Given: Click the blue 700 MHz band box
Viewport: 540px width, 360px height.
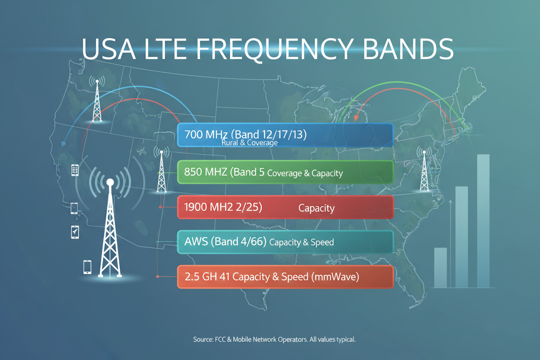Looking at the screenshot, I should [285, 135].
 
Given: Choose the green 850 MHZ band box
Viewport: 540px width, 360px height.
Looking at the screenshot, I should [285, 172].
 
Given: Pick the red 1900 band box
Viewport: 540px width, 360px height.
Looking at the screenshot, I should [285, 207].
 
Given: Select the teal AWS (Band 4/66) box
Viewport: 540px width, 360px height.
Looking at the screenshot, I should [285, 242].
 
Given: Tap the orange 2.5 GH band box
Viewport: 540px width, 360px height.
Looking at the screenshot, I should [285, 277].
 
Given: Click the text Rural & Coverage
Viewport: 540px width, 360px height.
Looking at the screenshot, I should [249, 142].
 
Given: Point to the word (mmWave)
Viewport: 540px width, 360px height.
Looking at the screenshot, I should [335, 277].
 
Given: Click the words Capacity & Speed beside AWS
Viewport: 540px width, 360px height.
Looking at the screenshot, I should [301, 242].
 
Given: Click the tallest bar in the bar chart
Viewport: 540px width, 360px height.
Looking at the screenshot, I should [483, 221].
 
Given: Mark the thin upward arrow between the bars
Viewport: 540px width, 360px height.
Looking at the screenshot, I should [451, 242].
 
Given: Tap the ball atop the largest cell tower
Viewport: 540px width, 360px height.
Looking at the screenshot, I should [110, 182].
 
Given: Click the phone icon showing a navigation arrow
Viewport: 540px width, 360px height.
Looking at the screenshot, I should [75, 232].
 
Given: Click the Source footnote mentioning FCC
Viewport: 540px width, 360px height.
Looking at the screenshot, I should [274, 340].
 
